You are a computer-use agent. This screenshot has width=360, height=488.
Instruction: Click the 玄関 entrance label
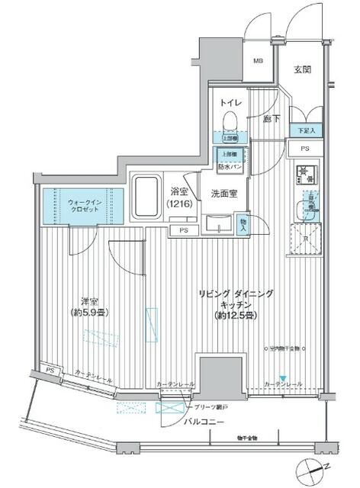[302, 70]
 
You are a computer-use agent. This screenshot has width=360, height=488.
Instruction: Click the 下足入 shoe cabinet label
[306, 131]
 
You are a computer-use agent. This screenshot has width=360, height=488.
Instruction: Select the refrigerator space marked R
[306, 239]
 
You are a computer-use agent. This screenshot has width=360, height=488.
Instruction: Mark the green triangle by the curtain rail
[283, 378]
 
